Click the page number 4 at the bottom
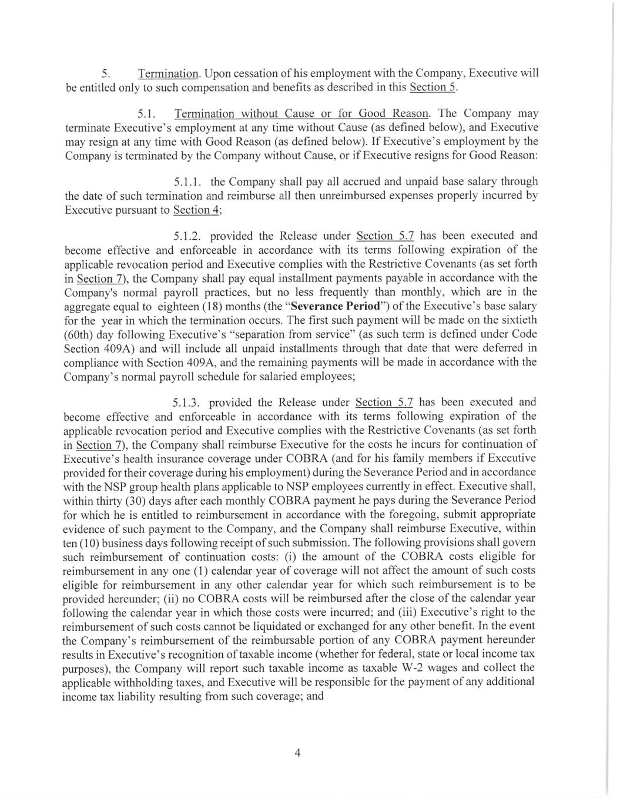coord(298,753)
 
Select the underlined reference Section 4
coord(196,210)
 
